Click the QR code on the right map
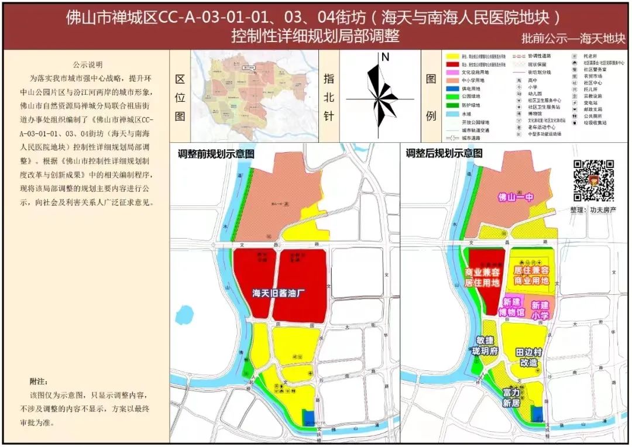coord(593,180)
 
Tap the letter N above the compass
coord(385,57)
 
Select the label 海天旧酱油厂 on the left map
coord(280,293)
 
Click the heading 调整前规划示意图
coord(216,154)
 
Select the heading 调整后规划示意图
coord(444,154)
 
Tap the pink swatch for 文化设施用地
coord(452,71)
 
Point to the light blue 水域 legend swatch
coord(452,115)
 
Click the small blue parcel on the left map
coord(308,417)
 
